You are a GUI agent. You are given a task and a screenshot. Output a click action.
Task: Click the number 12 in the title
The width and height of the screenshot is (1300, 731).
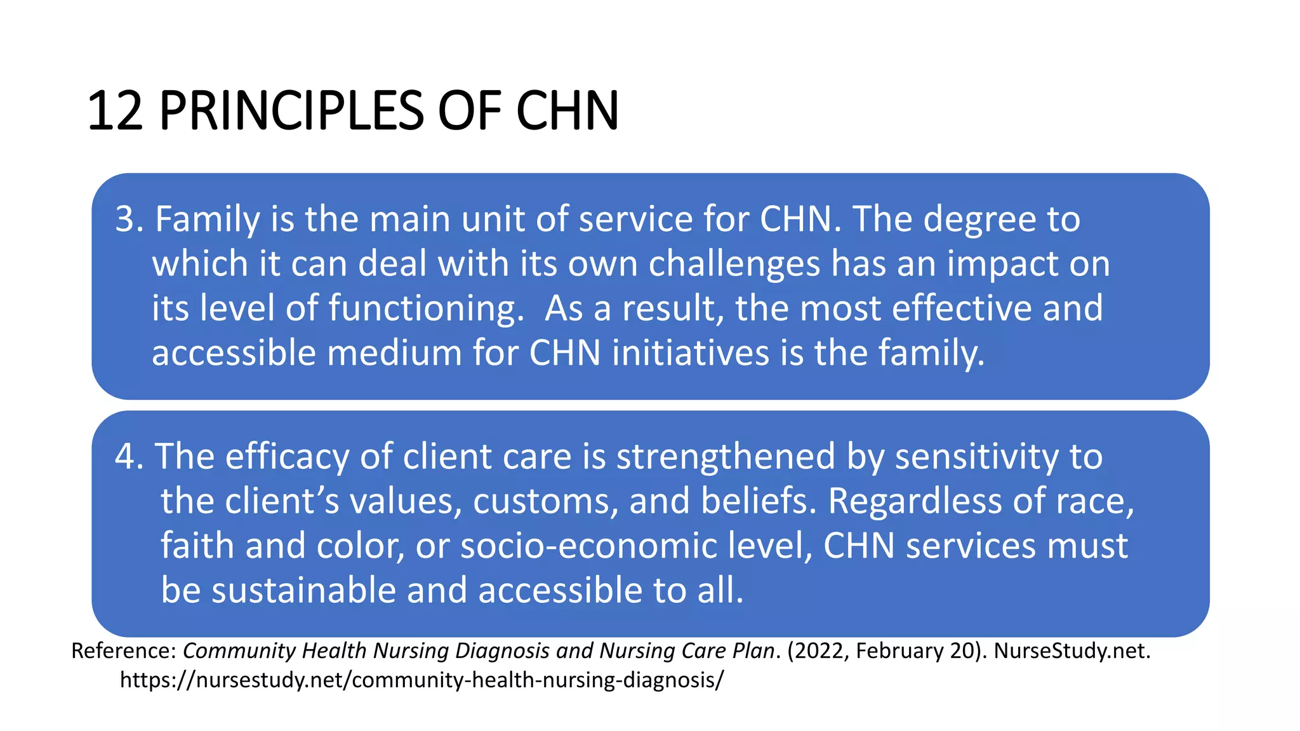tap(115, 112)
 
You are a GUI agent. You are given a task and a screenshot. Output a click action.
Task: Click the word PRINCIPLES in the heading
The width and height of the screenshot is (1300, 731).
tap(291, 112)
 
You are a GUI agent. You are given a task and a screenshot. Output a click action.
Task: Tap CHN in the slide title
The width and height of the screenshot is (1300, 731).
tap(567, 112)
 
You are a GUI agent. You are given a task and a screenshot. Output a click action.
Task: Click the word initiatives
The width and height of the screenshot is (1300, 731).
tap(691, 353)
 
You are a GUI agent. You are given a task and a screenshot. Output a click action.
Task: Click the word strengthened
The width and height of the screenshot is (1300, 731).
tap(726, 457)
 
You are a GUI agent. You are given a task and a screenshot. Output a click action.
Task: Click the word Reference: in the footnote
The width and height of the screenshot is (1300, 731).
tap(123, 651)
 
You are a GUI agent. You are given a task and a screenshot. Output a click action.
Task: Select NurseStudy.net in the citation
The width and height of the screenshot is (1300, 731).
tap(1071, 651)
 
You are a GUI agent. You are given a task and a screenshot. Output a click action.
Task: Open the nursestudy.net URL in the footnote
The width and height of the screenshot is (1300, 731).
tap(421, 680)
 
